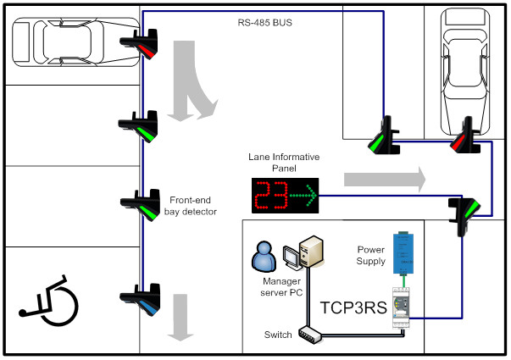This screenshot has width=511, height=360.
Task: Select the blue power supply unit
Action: point(401,251)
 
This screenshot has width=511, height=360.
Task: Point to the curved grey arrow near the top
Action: point(188,80)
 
